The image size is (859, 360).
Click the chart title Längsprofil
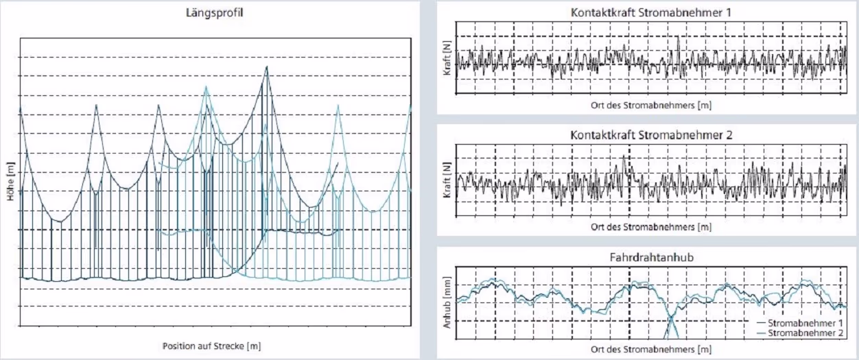(214, 13)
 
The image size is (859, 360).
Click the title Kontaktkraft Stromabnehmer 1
(651, 12)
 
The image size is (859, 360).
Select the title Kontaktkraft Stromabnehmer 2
(651, 135)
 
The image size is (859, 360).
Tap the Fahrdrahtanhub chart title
(652, 257)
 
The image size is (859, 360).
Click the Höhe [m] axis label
(10, 181)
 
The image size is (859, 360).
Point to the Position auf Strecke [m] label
(212, 346)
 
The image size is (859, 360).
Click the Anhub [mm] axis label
(447, 302)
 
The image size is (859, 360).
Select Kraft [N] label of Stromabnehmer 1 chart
(447, 58)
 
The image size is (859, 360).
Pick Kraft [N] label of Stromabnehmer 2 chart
(447, 180)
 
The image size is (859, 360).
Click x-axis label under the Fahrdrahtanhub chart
(651, 350)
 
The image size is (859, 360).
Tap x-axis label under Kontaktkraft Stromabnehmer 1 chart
(651, 106)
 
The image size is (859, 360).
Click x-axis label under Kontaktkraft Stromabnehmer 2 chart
(651, 227)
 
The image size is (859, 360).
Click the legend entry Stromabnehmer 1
(800, 323)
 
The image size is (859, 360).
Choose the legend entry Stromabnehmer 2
(800, 333)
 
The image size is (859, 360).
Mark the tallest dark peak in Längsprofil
(267, 67)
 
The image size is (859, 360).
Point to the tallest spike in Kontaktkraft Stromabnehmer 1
(679, 37)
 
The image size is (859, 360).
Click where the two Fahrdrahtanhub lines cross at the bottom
(671, 319)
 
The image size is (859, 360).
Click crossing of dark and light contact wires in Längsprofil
(237, 271)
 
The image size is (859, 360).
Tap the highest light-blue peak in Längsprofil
(206, 86)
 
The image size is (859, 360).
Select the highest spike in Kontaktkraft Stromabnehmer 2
(624, 156)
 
